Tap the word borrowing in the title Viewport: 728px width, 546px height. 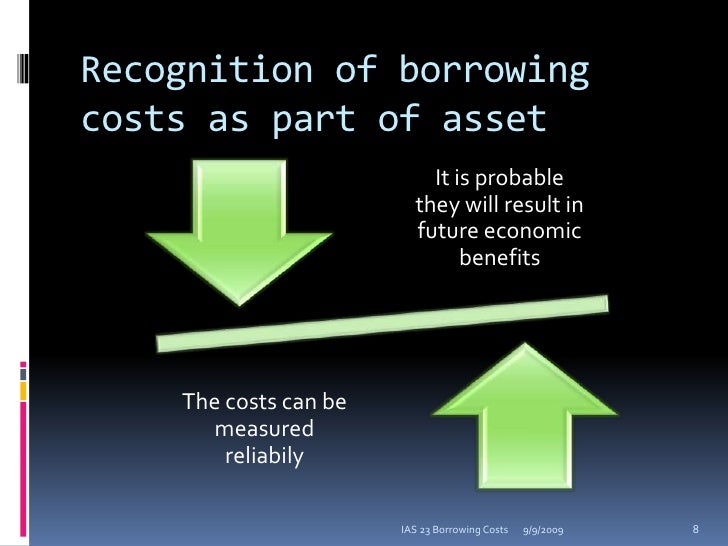pos(495,72)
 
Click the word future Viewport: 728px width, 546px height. pos(446,232)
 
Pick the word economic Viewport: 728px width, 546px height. pos(532,232)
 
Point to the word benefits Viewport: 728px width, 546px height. pos(499,258)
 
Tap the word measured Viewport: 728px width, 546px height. pos(264,430)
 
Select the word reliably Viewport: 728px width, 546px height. pos(264,456)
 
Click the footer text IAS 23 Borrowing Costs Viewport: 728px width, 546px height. pos(455,527)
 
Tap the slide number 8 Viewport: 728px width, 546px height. pos(695,527)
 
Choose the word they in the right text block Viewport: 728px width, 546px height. pos(436,206)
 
